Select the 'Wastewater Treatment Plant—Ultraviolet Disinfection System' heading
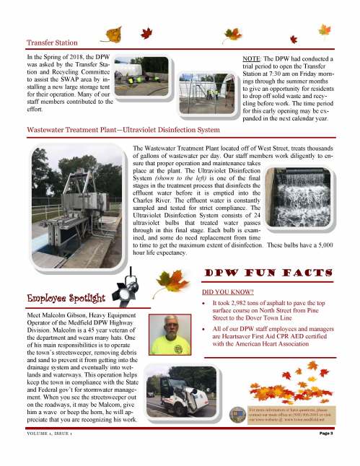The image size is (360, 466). pos(123,130)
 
